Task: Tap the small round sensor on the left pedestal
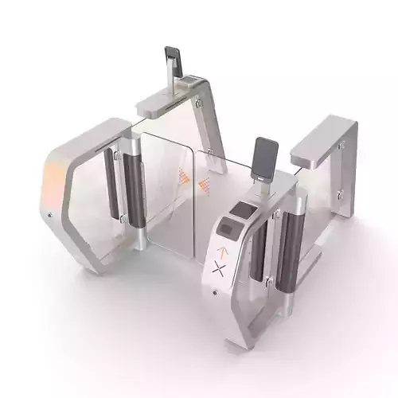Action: click(x=50, y=215)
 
